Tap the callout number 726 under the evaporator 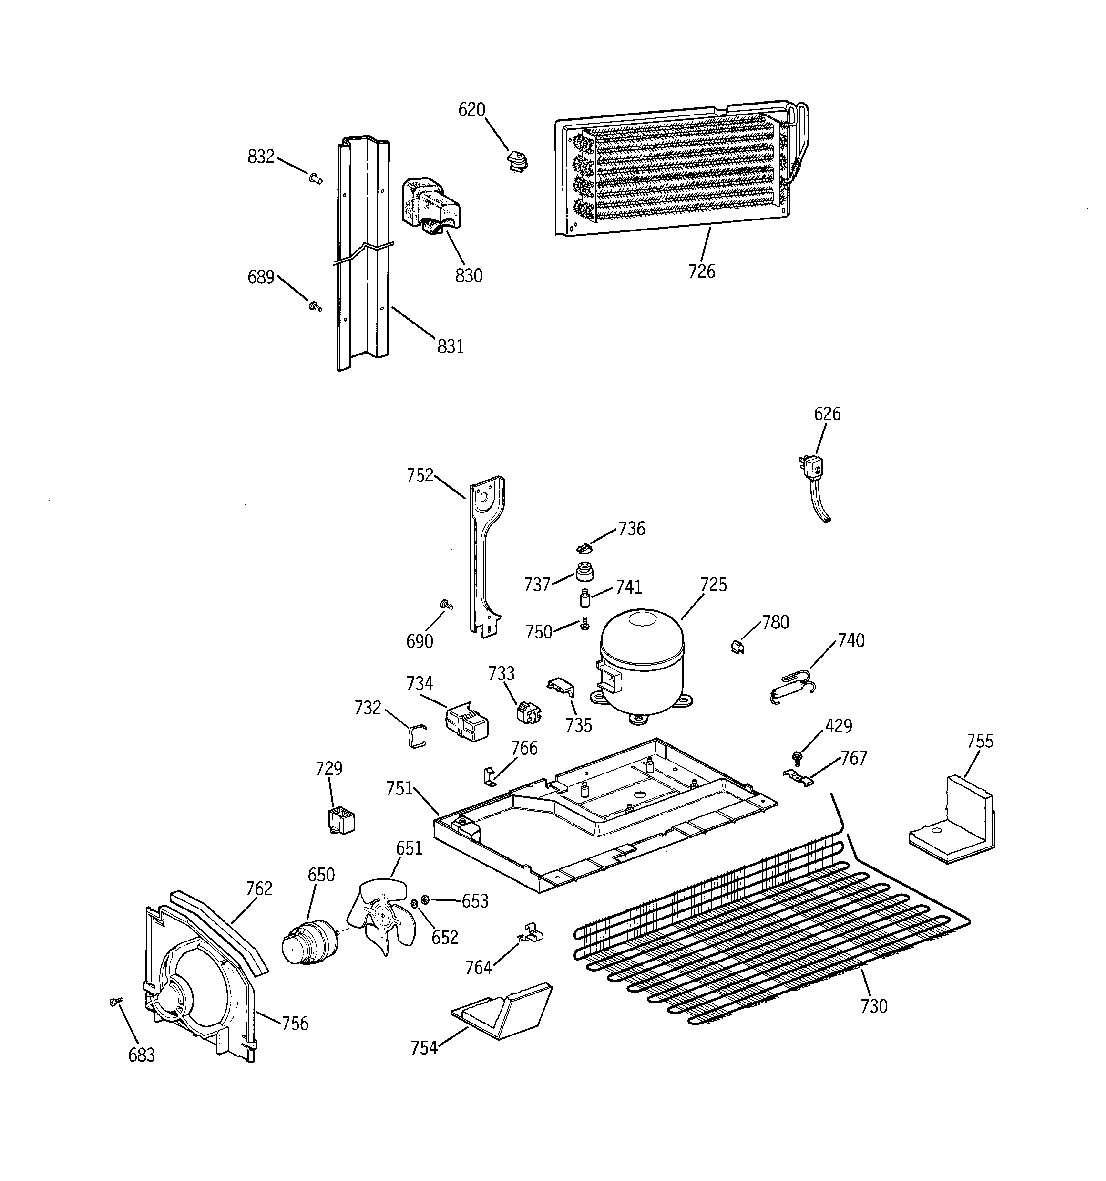tap(702, 272)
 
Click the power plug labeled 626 tap(813, 470)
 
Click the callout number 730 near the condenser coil tap(874, 1006)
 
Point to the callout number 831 tap(450, 346)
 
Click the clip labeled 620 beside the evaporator tap(518, 161)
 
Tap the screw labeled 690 tap(446, 605)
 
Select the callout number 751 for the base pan tap(399, 788)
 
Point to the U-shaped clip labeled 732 tap(417, 736)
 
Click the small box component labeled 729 tap(341, 820)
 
